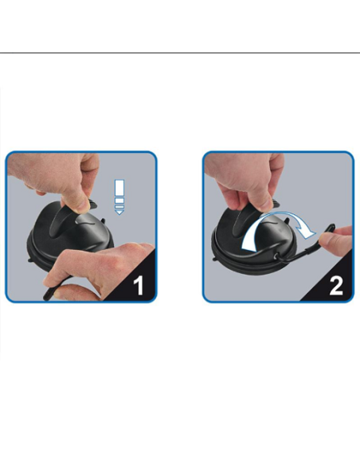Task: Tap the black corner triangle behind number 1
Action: coord(144,291)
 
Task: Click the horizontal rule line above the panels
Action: coord(180,53)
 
